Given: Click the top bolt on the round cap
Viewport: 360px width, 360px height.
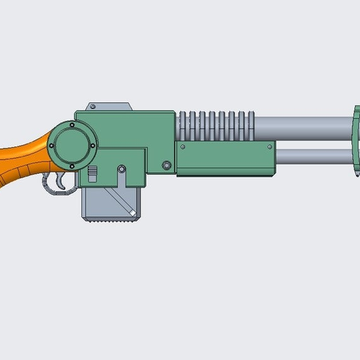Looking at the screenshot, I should click(72, 126).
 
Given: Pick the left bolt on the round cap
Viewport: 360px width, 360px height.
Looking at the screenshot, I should click(53, 144).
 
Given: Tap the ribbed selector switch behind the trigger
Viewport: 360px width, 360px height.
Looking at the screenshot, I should click(91, 174).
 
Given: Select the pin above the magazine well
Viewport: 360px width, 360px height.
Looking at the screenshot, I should click(121, 169).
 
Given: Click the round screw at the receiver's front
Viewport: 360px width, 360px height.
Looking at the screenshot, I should click(166, 165).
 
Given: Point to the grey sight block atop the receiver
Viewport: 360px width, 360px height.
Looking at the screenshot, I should click(108, 106).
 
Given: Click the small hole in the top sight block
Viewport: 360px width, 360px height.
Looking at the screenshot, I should click(91, 107).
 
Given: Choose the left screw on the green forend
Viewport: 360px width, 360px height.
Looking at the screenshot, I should click(181, 147).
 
